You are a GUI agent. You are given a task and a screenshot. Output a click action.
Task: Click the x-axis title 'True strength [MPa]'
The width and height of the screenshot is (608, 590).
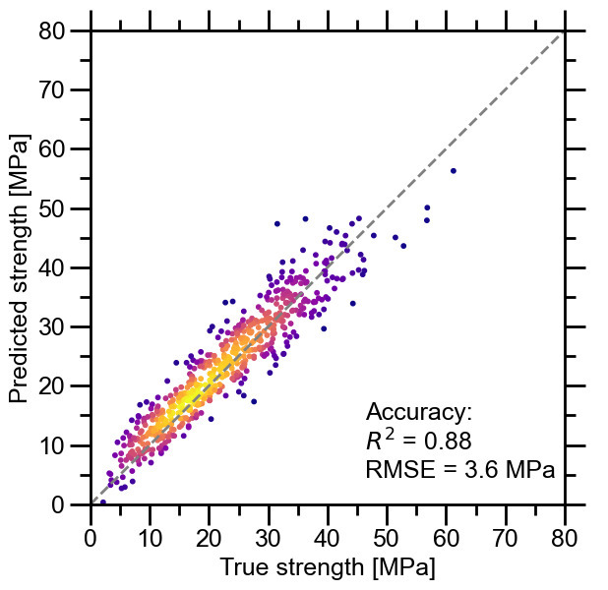click(x=327, y=568)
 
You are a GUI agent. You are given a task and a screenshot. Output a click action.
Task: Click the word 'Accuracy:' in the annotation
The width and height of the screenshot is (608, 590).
click(x=419, y=412)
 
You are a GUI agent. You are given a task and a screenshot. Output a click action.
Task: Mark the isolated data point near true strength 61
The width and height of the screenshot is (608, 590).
click(x=454, y=171)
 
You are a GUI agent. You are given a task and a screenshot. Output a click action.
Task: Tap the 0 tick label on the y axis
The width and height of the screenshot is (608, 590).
click(x=70, y=504)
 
